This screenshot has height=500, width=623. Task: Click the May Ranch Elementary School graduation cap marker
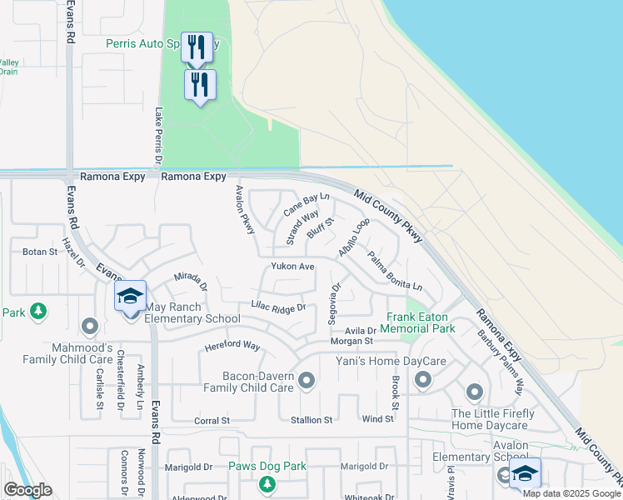pyautogui.click(x=131, y=297)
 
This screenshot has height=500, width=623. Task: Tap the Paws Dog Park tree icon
pyautogui.click(x=267, y=483)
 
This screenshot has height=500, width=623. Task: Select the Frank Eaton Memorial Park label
pyautogui.click(x=421, y=322)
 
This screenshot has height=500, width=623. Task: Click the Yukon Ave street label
pyautogui.click(x=292, y=267)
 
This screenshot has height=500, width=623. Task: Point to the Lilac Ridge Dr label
pyautogui.click(x=278, y=307)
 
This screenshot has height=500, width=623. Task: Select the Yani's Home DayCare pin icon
pyautogui.click(x=422, y=381)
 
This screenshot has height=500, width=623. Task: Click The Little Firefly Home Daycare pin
pyautogui.click(x=475, y=391)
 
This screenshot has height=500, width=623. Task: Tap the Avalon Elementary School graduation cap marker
pyautogui.click(x=525, y=472)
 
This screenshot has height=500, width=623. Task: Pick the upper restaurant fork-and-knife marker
pyautogui.click(x=197, y=46)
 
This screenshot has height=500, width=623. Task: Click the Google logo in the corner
pyautogui.click(x=28, y=489)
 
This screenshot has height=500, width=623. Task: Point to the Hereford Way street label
pyautogui.click(x=233, y=346)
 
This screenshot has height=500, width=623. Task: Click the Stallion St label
pyautogui.click(x=311, y=420)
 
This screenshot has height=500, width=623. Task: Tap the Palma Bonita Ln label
pyautogui.click(x=395, y=272)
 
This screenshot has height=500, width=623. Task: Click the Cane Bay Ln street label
pyautogui.click(x=307, y=202)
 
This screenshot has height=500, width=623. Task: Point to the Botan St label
pyautogui.click(x=40, y=251)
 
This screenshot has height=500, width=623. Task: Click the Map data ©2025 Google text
pyautogui.click(x=571, y=492)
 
